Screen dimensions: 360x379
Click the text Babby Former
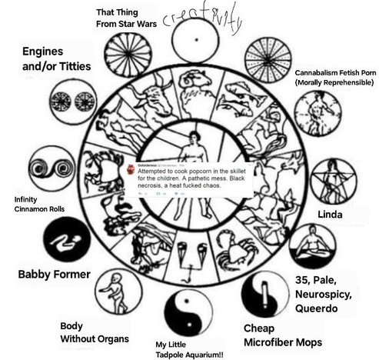(54, 274)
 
